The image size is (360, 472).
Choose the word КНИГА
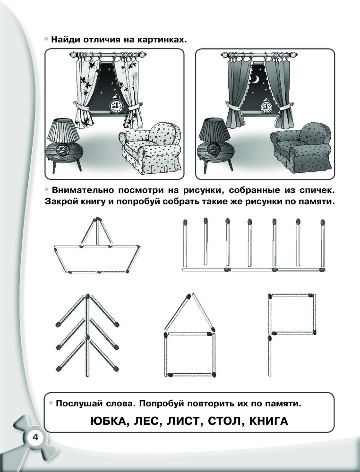click(x=269, y=421)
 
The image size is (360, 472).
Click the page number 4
click(x=35, y=437)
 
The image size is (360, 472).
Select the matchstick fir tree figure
click(x=87, y=335)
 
